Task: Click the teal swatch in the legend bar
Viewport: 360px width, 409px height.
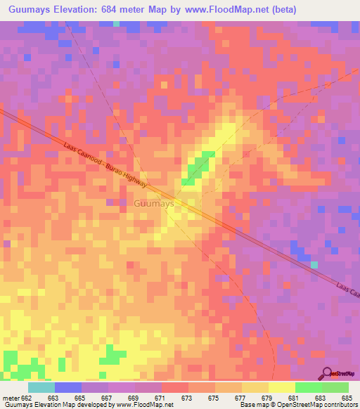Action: (41, 387)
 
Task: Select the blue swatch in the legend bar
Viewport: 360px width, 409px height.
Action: (67, 387)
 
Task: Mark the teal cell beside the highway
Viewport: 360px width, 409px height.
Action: (314, 264)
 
